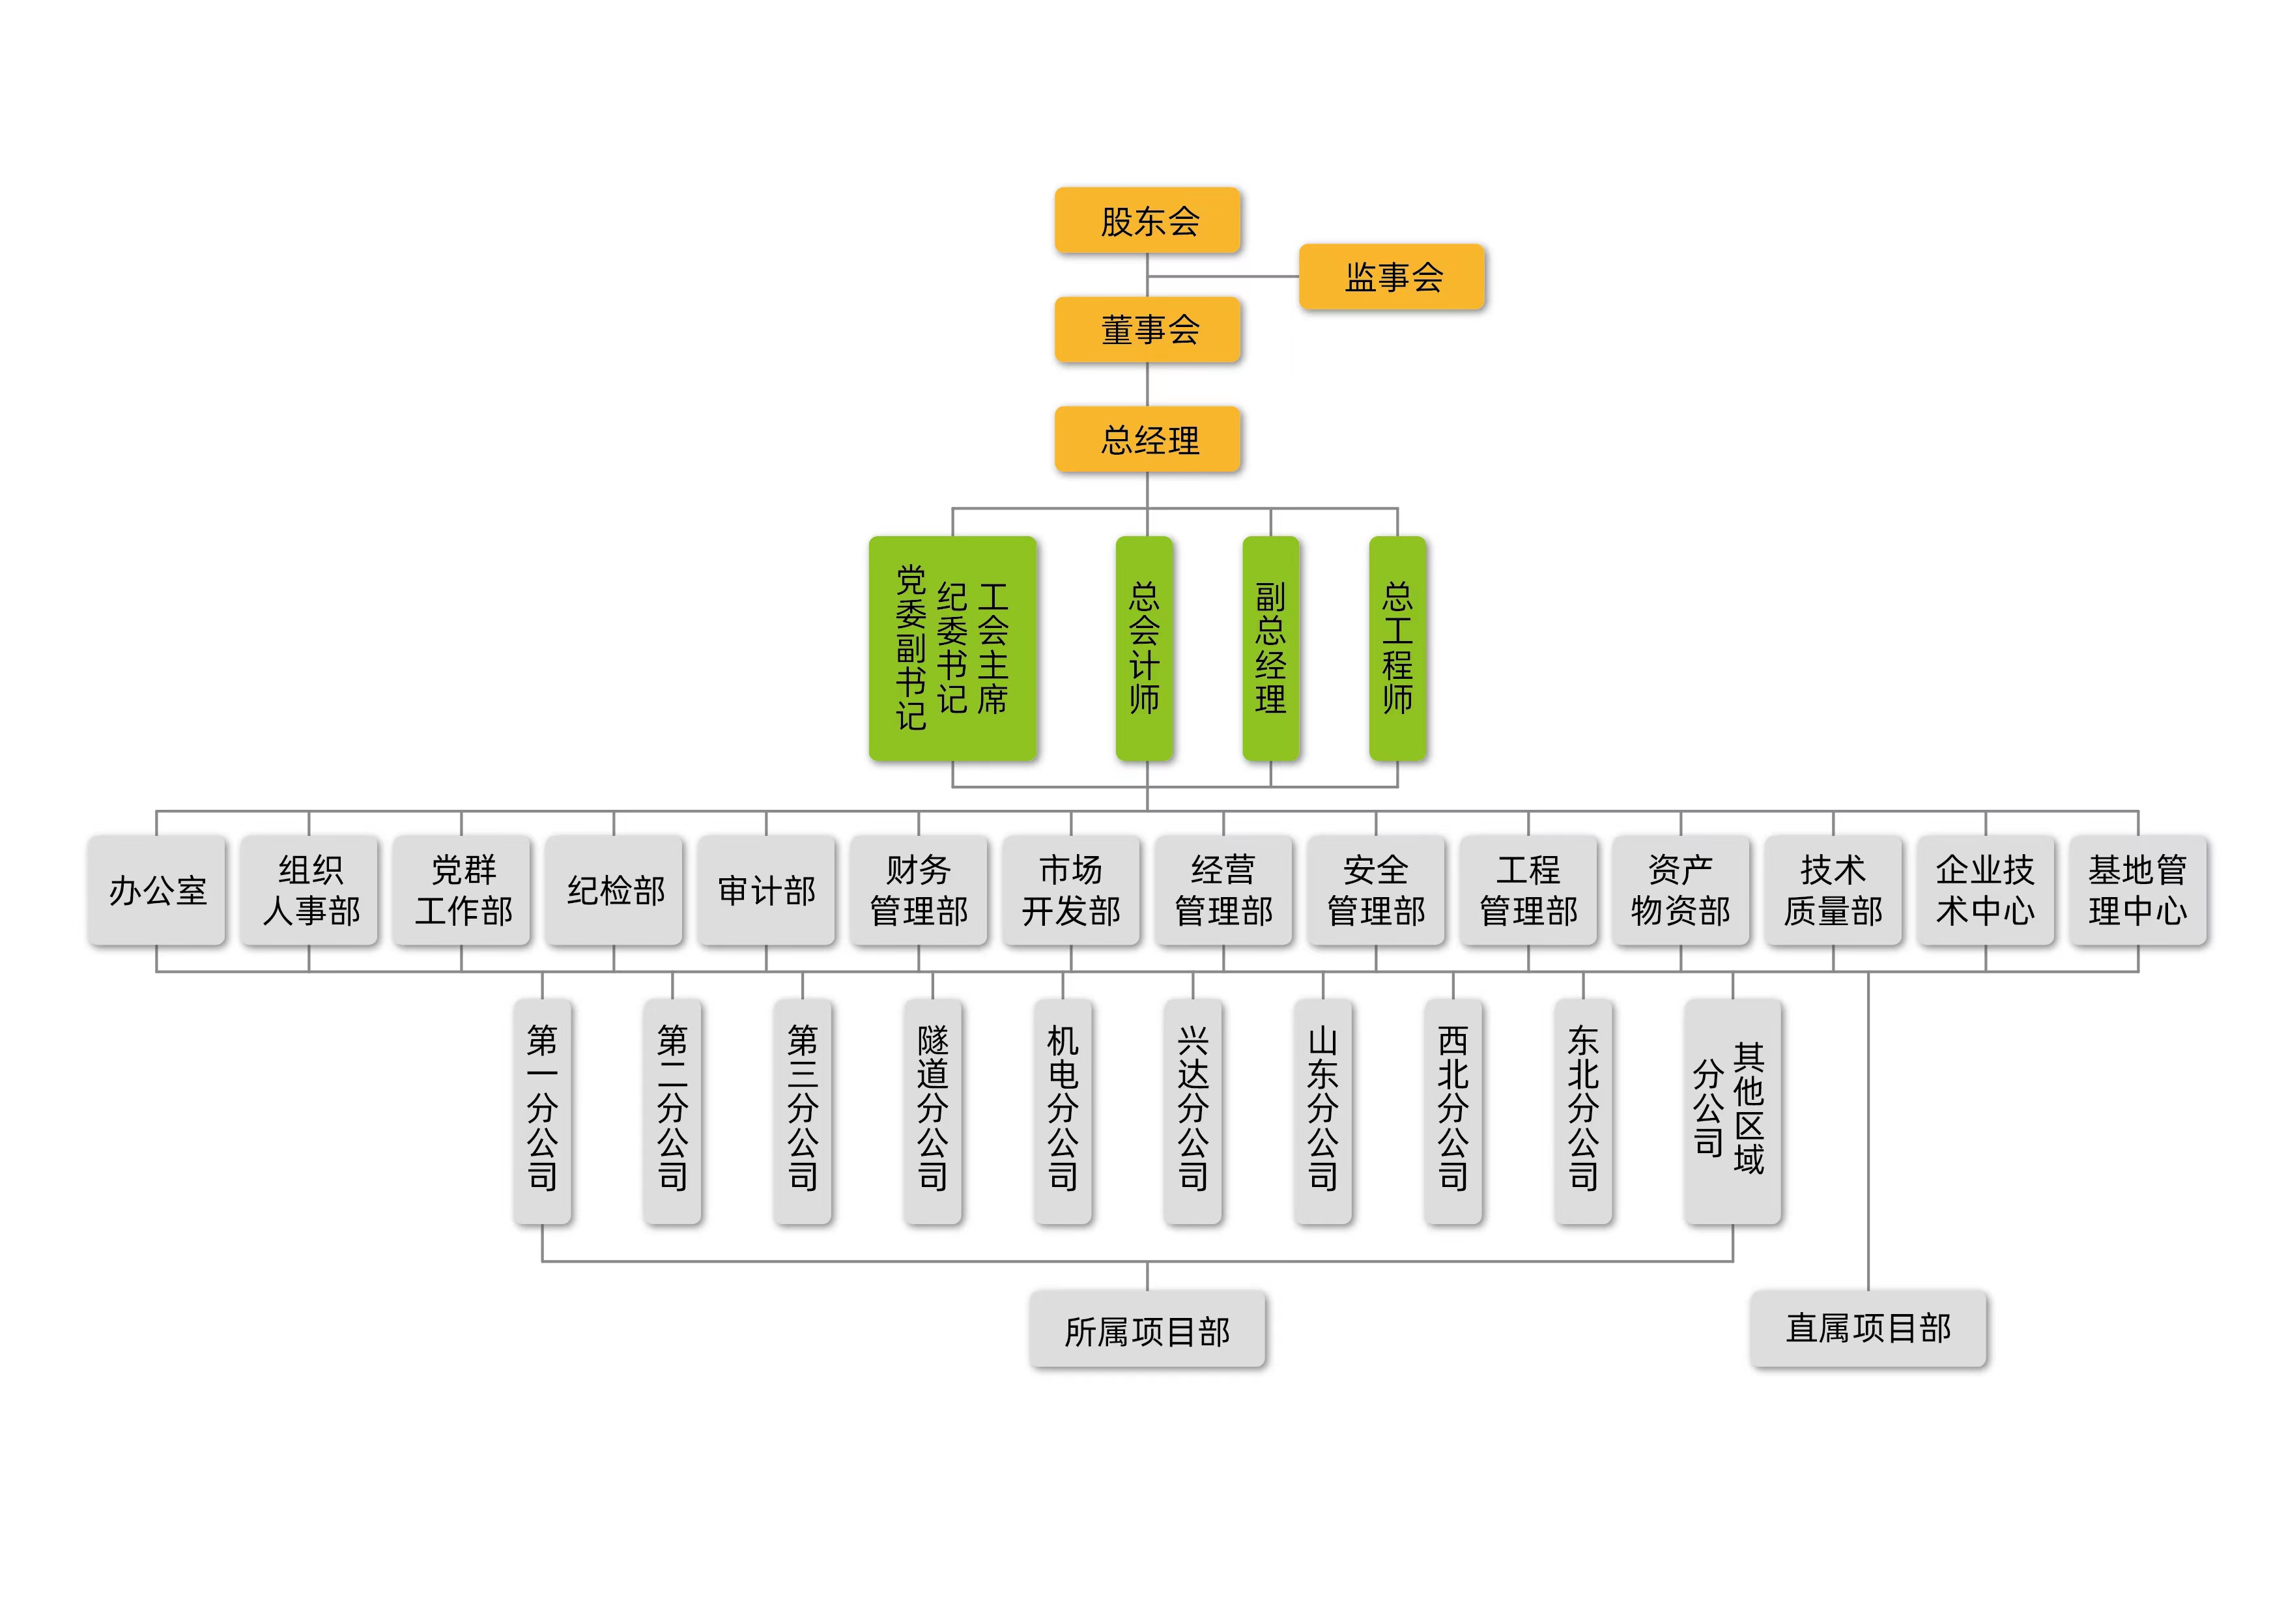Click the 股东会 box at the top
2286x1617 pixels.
[x=1147, y=220]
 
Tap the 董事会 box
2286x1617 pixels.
[x=1147, y=330]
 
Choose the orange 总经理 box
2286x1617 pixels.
[x=1147, y=439]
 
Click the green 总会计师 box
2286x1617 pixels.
[x=1144, y=648]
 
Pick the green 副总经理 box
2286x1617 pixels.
[x=1270, y=648]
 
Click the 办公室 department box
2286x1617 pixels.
[x=156, y=890]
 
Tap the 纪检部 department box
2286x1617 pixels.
[x=614, y=890]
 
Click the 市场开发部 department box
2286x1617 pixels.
[x=1070, y=890]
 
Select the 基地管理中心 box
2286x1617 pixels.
[x=2137, y=890]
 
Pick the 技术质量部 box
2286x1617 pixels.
[x=1833, y=890]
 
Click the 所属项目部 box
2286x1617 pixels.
[x=1147, y=1330]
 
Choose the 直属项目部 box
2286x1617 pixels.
[x=1868, y=1328]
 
